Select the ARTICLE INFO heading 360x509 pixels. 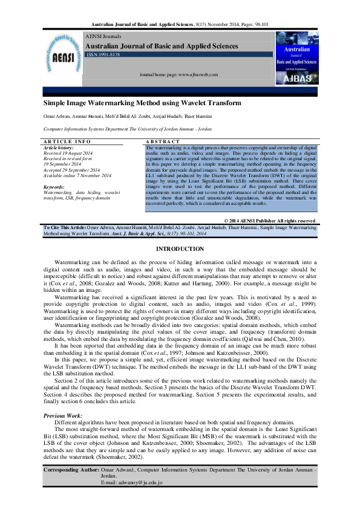pyautogui.click(x=67, y=141)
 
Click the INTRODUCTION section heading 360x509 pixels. pyautogui.click(x=180, y=250)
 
